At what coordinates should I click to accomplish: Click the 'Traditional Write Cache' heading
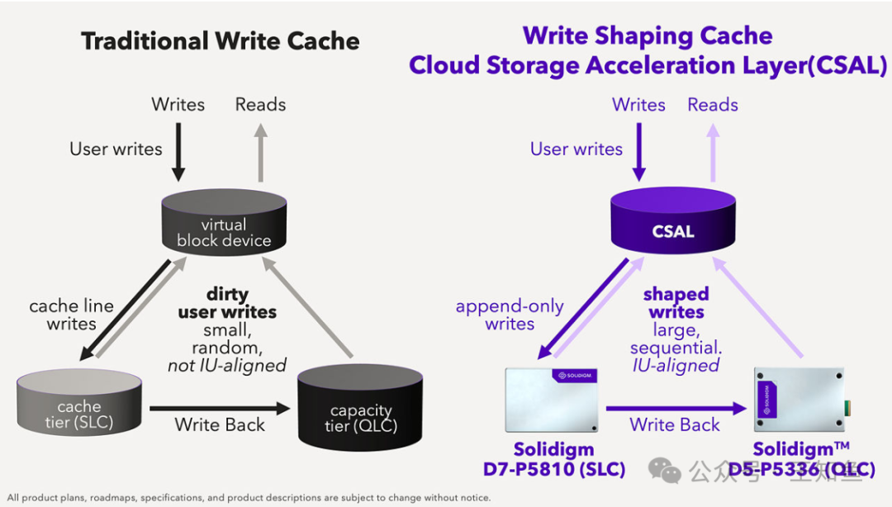[220, 42]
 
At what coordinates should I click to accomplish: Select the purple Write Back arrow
[676, 407]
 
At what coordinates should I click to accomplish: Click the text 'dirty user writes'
[227, 303]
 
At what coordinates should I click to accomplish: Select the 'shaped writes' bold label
[676, 303]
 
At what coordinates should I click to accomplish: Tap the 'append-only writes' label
[510, 315]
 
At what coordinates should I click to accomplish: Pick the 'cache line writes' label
[71, 315]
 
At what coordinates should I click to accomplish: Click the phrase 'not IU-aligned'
[227, 365]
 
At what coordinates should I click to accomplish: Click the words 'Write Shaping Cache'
[648, 36]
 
